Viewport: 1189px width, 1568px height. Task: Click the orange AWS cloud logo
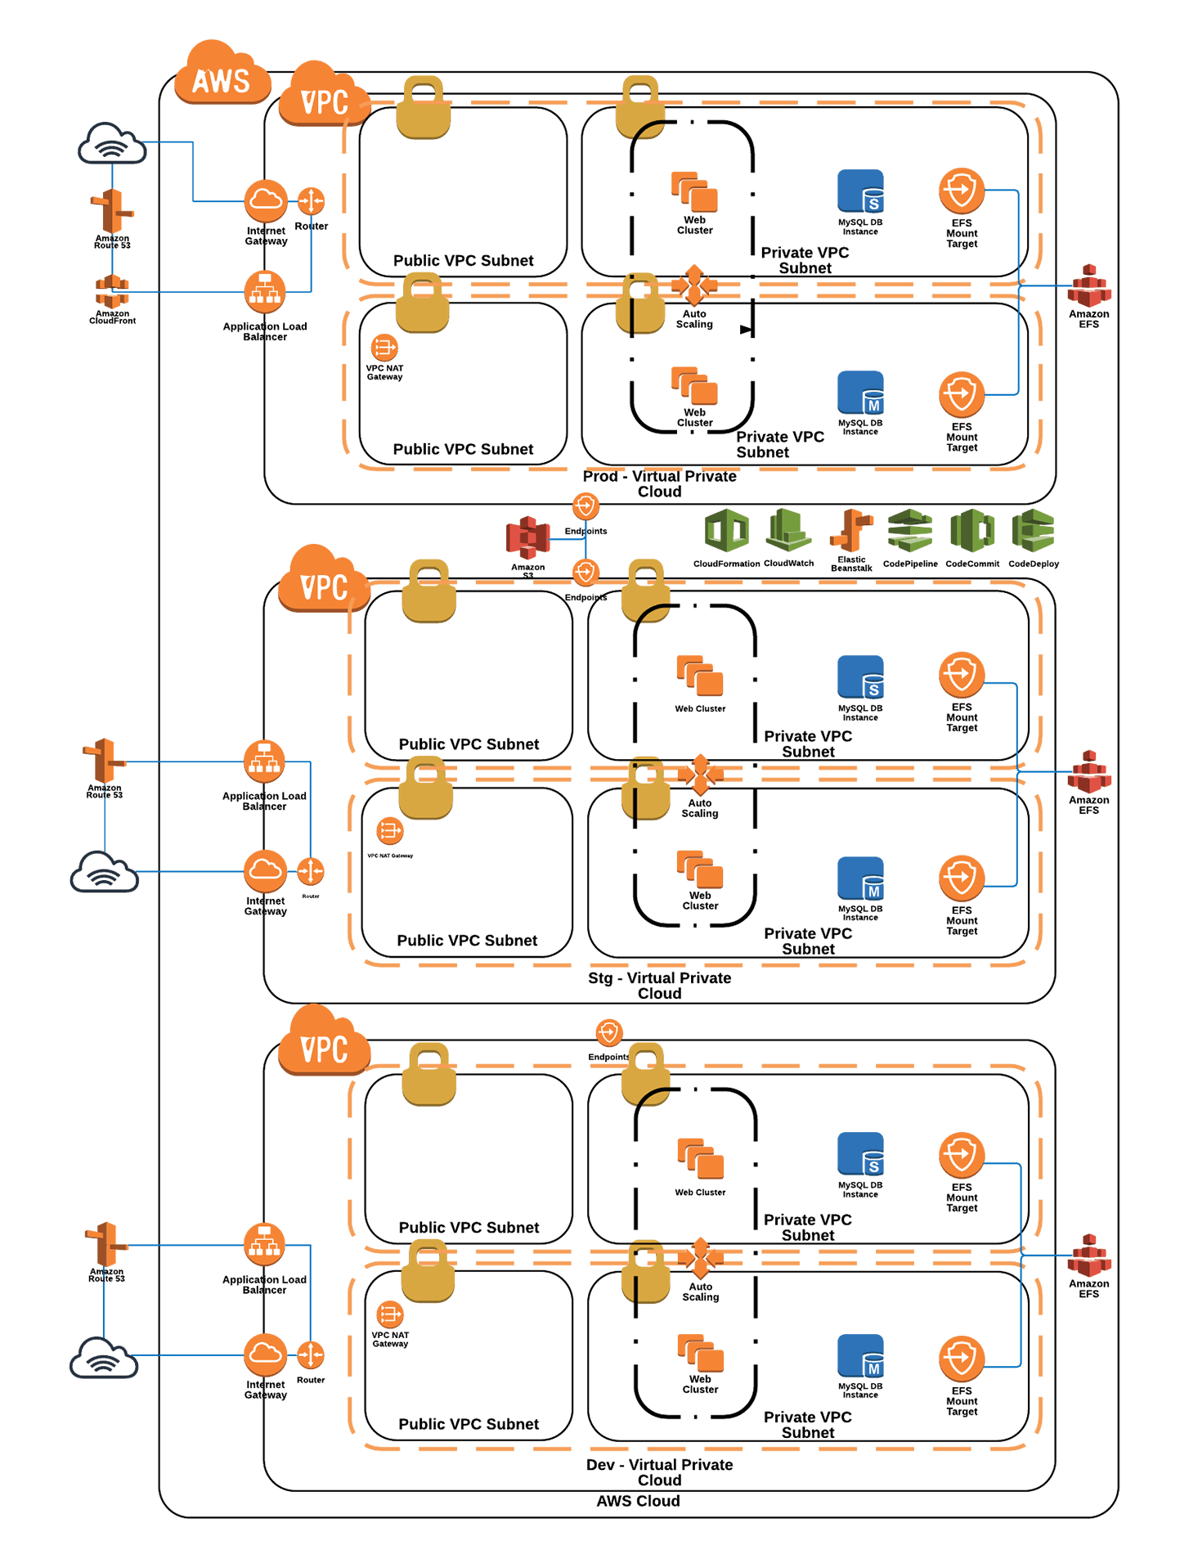[x=222, y=75]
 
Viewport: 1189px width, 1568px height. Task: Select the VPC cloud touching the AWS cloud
[x=324, y=97]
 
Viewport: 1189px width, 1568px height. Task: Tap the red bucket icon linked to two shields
[x=527, y=537]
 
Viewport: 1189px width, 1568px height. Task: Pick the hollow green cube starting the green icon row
[x=727, y=530]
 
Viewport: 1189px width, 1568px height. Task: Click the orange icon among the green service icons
[x=851, y=530]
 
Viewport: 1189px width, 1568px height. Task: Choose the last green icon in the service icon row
[x=1033, y=530]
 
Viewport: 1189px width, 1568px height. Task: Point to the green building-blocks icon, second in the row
[x=788, y=530]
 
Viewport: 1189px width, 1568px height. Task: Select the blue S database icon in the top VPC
[x=860, y=191]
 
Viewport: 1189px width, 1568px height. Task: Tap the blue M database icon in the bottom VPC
[x=860, y=1356]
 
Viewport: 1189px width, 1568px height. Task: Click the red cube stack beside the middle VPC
[x=1089, y=772]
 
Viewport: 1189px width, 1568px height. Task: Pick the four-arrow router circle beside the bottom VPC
[x=310, y=1355]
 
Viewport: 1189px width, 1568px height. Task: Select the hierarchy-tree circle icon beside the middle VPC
[x=264, y=762]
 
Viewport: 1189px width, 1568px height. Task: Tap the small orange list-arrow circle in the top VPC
[x=384, y=347]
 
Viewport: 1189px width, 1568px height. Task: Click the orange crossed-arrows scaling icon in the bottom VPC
[x=700, y=1257]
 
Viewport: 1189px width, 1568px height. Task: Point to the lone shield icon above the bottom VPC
[x=609, y=1032]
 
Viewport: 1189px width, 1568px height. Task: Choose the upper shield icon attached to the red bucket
[x=586, y=505]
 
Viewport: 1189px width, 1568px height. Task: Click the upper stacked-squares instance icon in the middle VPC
[x=700, y=676]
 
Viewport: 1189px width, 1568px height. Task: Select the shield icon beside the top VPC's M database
[x=962, y=394]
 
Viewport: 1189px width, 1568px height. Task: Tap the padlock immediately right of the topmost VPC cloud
[x=424, y=108]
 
